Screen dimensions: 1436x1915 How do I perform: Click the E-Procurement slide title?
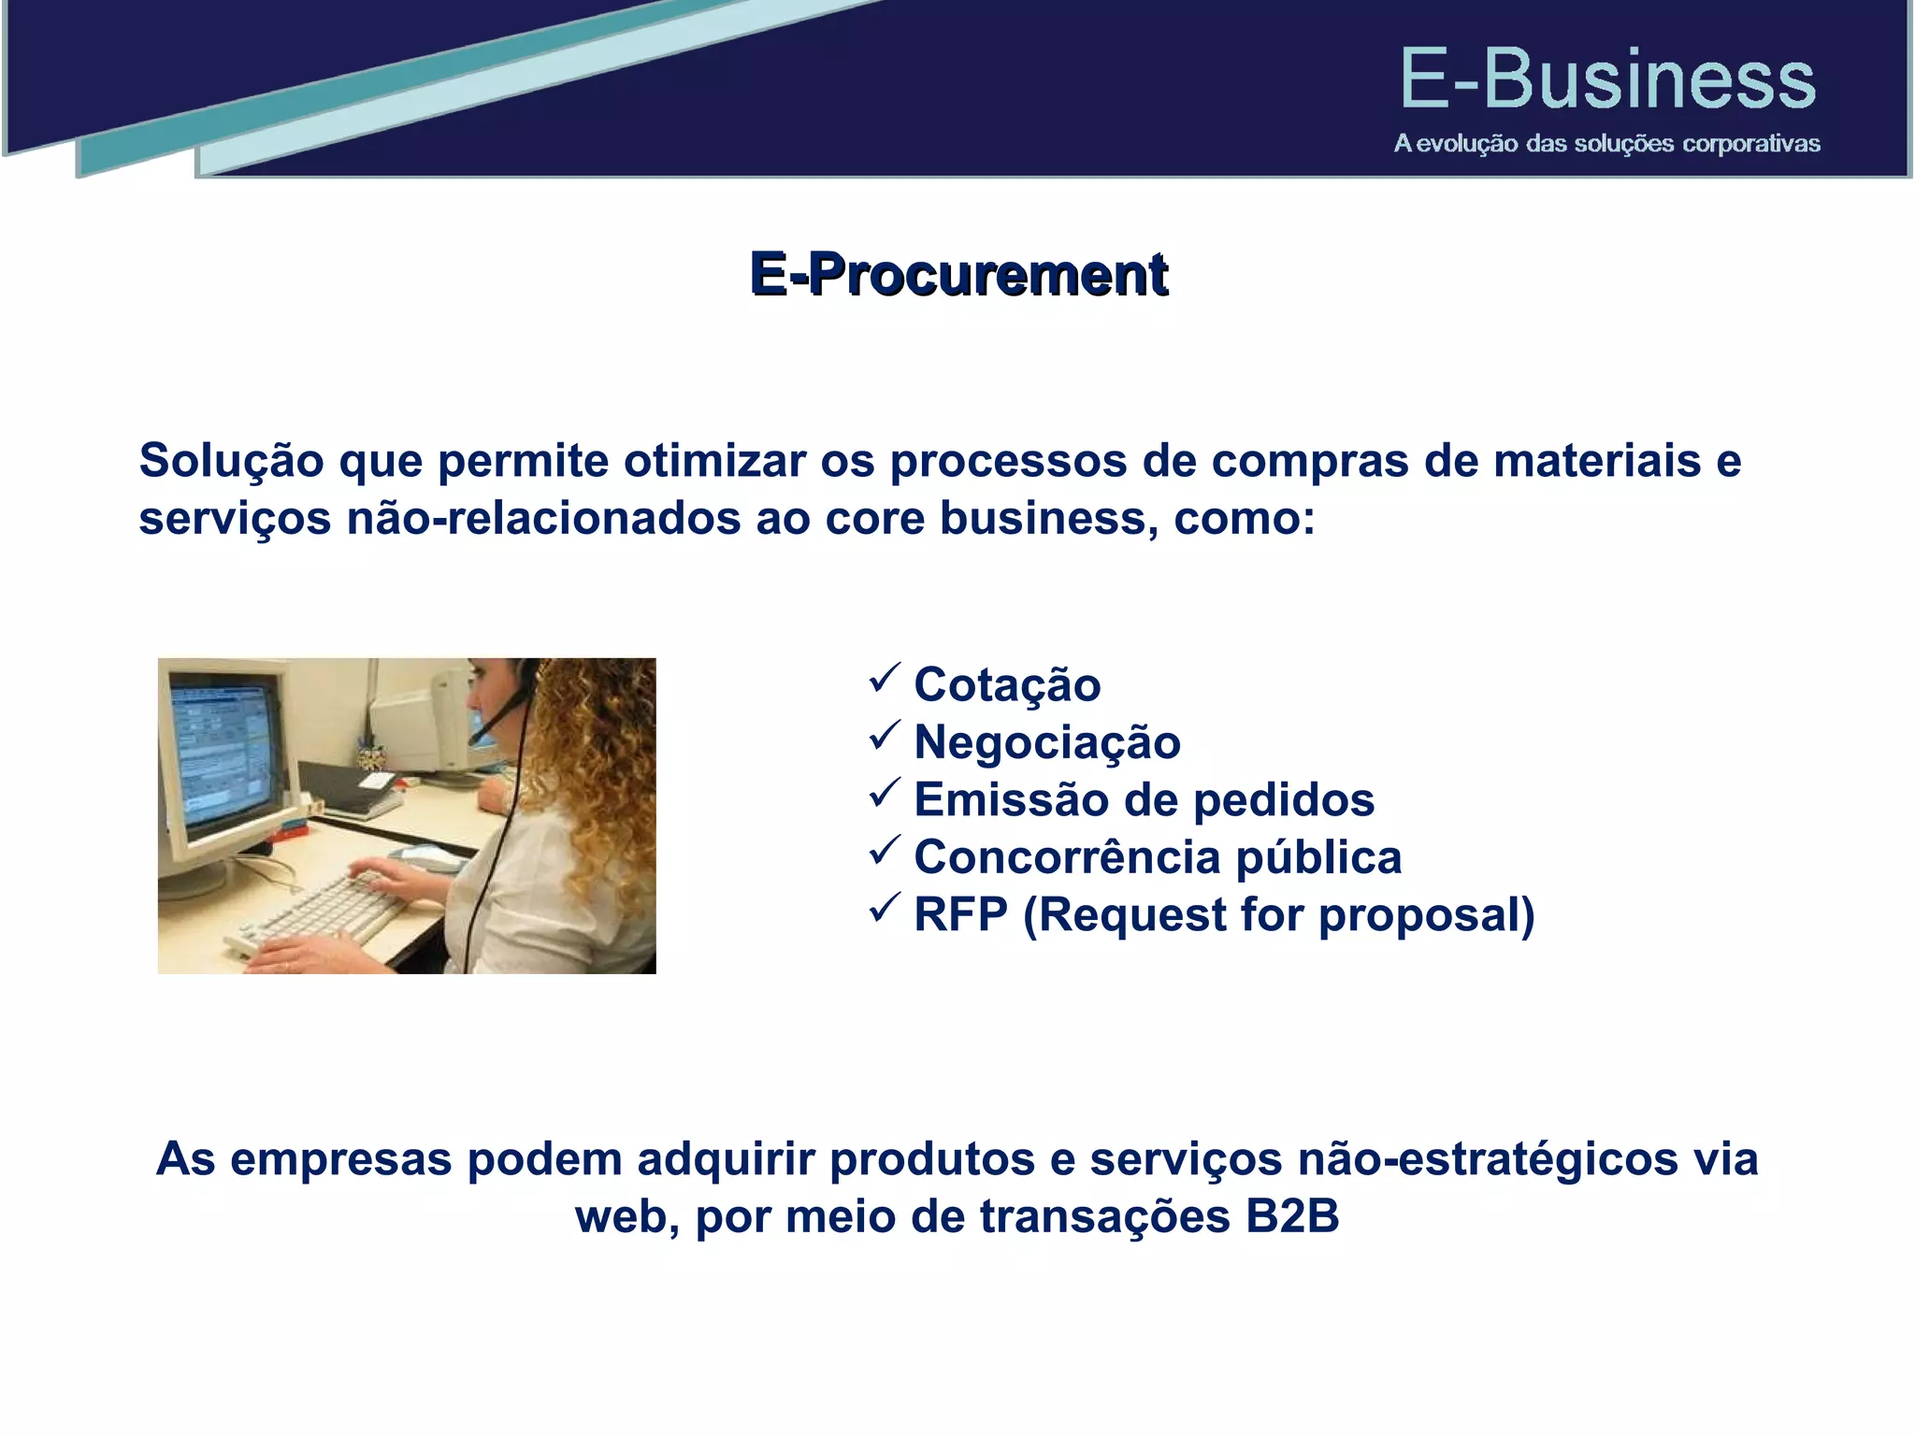pos(958,274)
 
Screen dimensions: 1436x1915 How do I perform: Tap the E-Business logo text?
pos(1606,80)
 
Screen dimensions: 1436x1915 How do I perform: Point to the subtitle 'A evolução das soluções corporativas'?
pos(1606,144)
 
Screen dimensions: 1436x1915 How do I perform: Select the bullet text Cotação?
pos(1007,684)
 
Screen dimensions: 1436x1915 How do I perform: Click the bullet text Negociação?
pos(1046,742)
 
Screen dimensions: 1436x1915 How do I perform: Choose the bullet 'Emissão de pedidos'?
pos(1144,800)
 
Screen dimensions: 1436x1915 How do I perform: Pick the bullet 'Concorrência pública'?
pos(1157,857)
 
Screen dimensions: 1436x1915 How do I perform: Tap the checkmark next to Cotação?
pos(884,678)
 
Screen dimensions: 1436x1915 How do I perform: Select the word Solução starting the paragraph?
pos(231,461)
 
